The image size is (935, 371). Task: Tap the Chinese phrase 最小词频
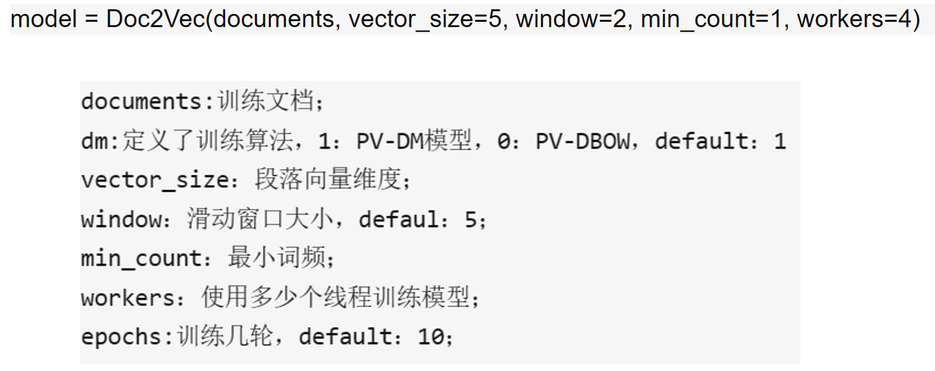pos(277,258)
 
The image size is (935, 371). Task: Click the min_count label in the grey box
pos(140,259)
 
